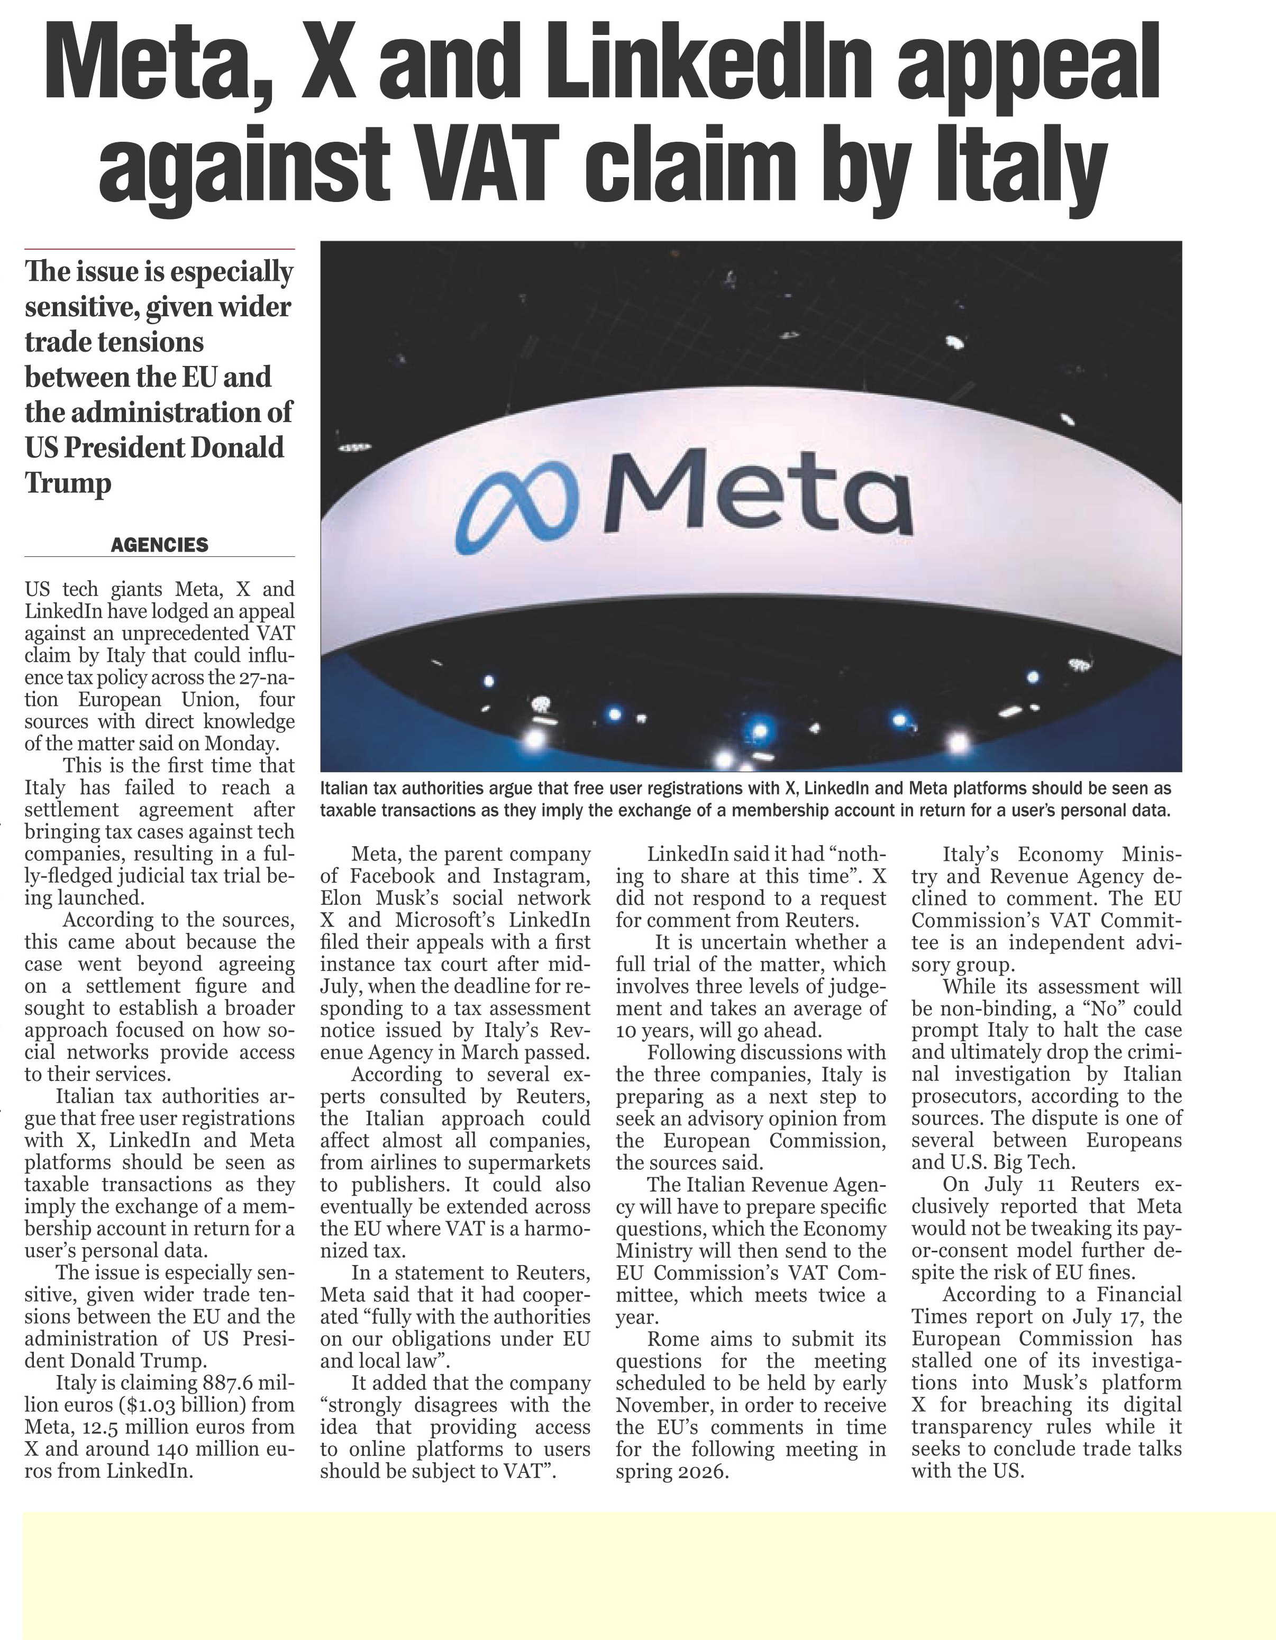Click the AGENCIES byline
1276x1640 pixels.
(x=159, y=545)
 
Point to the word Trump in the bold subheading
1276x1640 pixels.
(x=68, y=482)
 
